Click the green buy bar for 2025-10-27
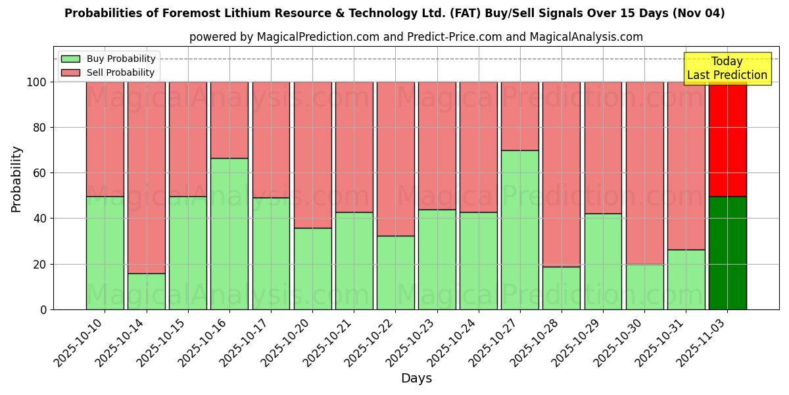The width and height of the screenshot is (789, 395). tap(519, 230)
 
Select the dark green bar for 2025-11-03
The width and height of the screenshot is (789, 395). tap(727, 253)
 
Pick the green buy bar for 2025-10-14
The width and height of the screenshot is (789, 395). tap(146, 291)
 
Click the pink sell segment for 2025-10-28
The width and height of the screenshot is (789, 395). tap(562, 174)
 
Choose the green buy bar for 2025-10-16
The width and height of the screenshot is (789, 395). tap(229, 234)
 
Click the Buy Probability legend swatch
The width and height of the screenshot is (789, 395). tap(70, 59)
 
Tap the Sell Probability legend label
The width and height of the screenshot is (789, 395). tap(120, 73)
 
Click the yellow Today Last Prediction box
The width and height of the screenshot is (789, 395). tap(727, 68)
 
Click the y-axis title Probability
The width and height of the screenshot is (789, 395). tap(16, 179)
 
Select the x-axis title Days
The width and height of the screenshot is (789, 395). tap(416, 379)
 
